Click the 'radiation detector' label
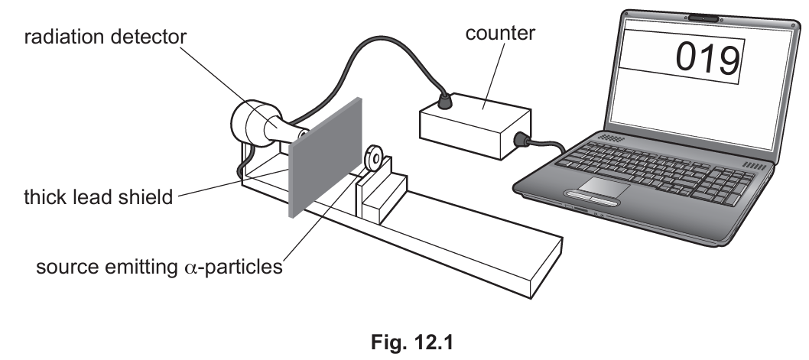coord(106,37)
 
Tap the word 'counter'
coord(500,33)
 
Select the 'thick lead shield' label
coord(99,197)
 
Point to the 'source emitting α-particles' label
coord(159,267)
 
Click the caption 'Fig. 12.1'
coord(411,342)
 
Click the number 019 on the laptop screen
coord(707,58)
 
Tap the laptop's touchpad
coord(603,186)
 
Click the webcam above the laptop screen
coord(703,18)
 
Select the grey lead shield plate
coord(325,157)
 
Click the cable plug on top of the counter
coord(443,102)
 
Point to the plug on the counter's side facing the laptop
coord(521,139)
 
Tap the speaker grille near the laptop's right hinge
coord(754,166)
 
